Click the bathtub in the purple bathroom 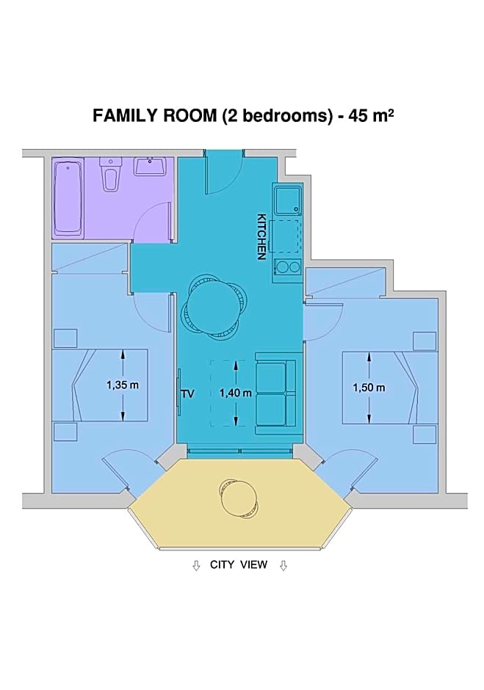click(x=68, y=198)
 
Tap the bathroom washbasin click(x=151, y=167)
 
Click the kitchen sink click(x=286, y=200)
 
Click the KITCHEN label click(x=261, y=237)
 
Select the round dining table click(x=213, y=307)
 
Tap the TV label click(x=187, y=393)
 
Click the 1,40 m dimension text click(x=236, y=393)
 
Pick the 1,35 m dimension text click(x=123, y=385)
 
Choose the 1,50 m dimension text click(x=369, y=388)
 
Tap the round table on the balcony click(x=238, y=498)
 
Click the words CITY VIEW click(x=239, y=564)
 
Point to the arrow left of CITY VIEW click(x=196, y=565)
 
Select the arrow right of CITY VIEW click(x=283, y=565)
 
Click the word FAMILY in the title click(x=125, y=116)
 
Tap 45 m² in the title click(x=371, y=115)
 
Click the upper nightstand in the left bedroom click(x=65, y=338)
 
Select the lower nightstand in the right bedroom click(x=425, y=434)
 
